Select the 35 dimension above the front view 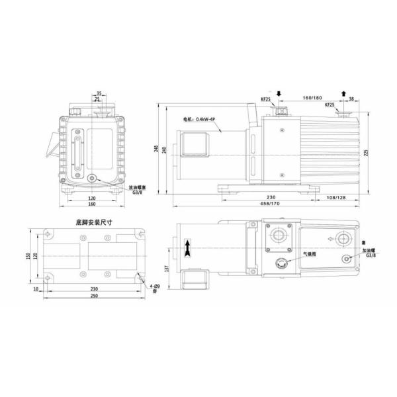pyautogui.click(x=99, y=93)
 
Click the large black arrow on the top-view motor pyautogui.click(x=189, y=250)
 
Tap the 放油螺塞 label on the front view pyautogui.click(x=139, y=187)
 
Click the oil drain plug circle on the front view pyautogui.click(x=91, y=178)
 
